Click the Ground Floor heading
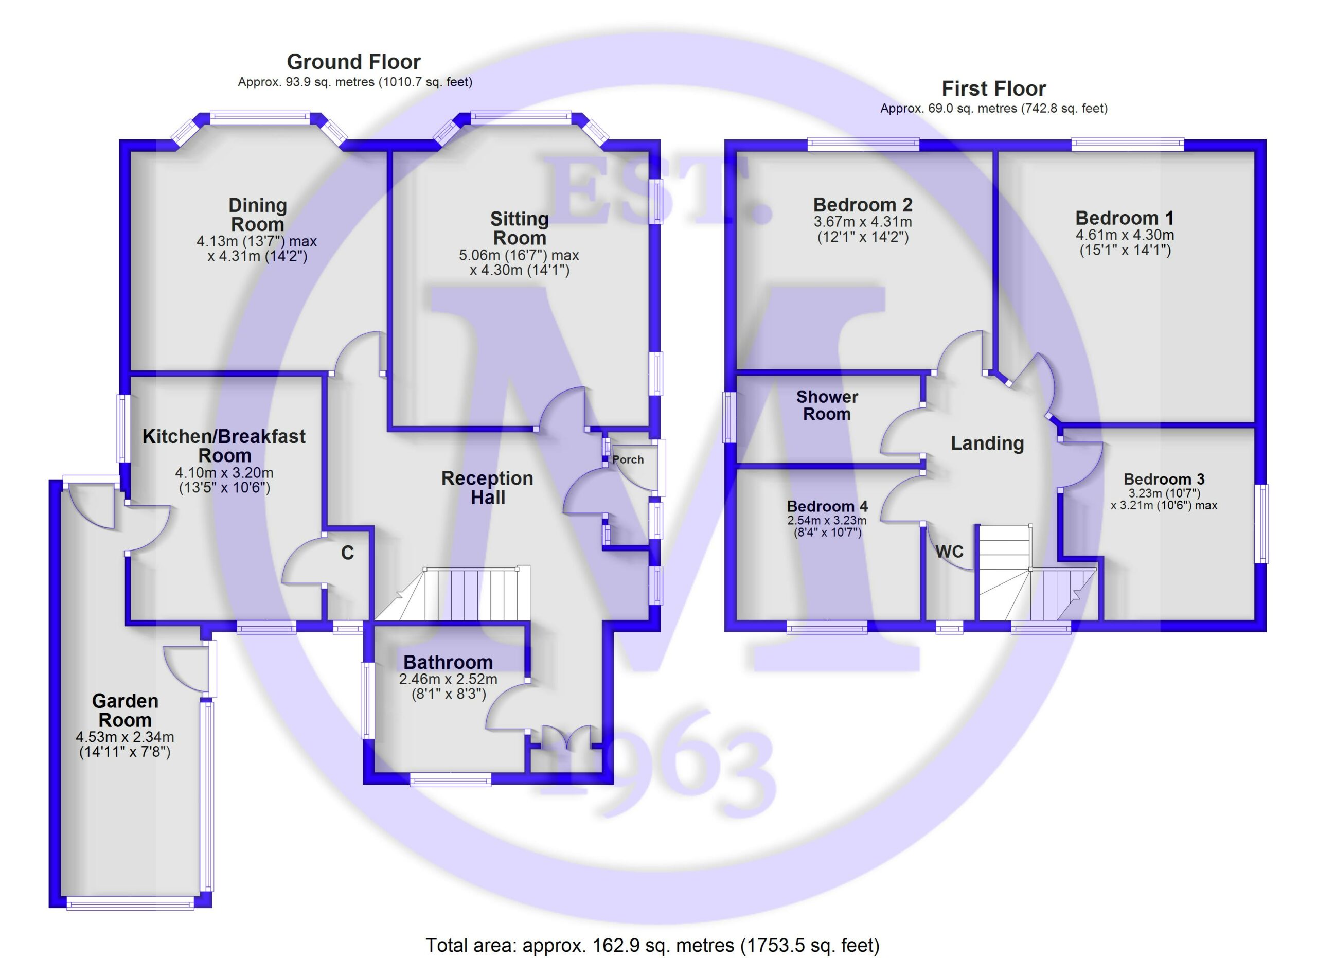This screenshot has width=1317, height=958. point(353,62)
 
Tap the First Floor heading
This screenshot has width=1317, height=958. point(993,88)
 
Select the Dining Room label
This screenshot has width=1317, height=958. point(257,215)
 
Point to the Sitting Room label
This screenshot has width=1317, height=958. point(519,228)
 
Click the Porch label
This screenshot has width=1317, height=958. point(628,459)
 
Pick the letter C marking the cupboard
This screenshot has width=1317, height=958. point(347,553)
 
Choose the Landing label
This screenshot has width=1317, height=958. point(987,443)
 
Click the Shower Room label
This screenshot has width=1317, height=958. point(827,405)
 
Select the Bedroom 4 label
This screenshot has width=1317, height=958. point(827,506)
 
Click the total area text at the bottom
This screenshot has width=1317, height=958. point(653,945)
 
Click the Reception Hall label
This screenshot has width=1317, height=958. point(487,488)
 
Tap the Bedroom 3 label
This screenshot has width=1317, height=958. point(1164,479)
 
